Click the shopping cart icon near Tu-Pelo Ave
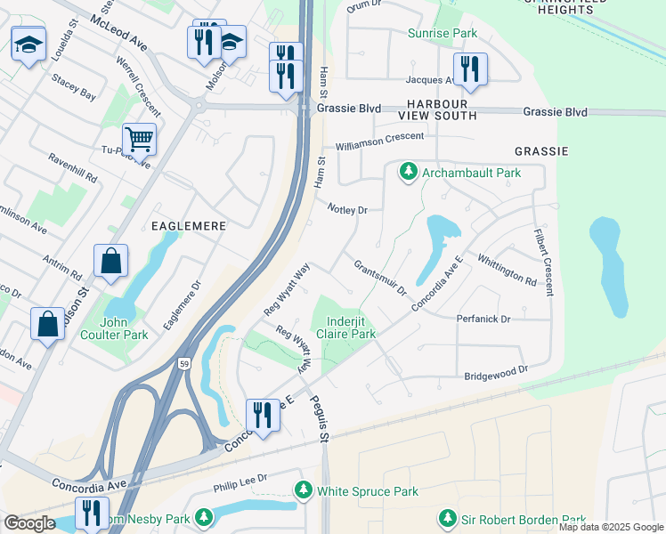139,139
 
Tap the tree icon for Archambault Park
409,171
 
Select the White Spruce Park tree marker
304,490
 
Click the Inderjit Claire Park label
351,327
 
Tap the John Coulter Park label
124,328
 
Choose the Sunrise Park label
442,34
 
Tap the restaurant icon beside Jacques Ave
469,69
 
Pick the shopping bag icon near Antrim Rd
110,262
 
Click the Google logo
29,523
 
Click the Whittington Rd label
506,269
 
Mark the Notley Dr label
347,210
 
